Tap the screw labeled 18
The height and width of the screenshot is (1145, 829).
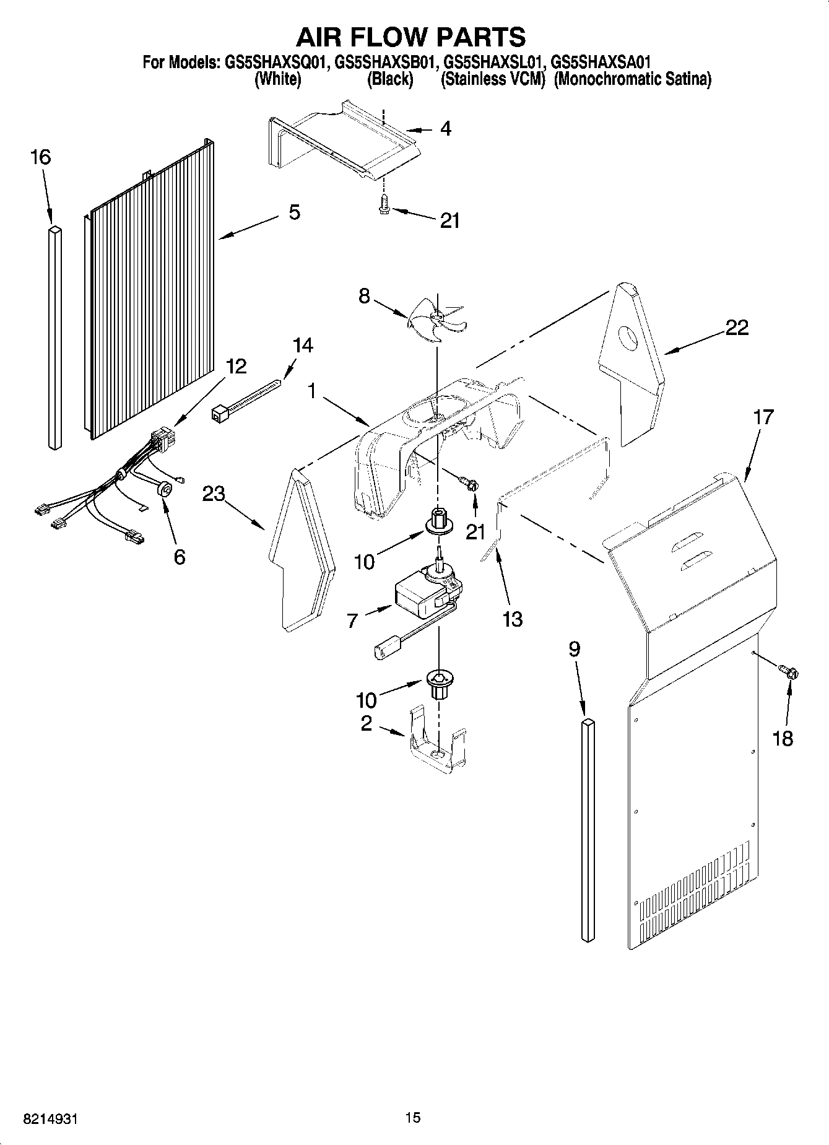[x=789, y=671]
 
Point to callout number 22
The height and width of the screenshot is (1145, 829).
[x=737, y=328]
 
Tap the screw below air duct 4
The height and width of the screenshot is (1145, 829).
[x=383, y=204]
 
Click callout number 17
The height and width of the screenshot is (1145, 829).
[x=763, y=417]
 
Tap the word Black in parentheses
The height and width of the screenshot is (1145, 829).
[x=389, y=79]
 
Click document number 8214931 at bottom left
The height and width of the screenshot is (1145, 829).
[x=51, y=1119]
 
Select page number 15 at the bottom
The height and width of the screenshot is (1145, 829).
[x=413, y=1117]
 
